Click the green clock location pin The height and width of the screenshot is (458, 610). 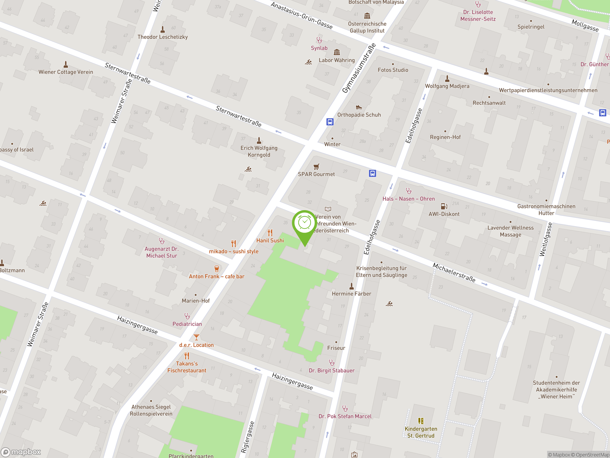tap(305, 224)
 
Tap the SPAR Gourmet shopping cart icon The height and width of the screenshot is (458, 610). tap(316, 167)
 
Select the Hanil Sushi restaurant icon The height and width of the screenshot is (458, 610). tap(270, 233)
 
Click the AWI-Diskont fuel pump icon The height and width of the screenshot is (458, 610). tap(444, 206)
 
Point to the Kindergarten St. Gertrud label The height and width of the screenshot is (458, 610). tap(421, 432)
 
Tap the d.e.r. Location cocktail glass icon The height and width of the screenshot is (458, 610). tap(196, 337)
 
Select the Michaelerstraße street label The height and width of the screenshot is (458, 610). tap(454, 272)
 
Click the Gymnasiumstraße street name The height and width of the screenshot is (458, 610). tap(359, 68)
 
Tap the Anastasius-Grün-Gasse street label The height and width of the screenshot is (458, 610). tap(301, 16)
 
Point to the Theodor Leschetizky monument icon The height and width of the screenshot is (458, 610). tap(163, 29)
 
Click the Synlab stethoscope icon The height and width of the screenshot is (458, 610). tap(319, 40)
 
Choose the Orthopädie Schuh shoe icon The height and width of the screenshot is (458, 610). tap(359, 107)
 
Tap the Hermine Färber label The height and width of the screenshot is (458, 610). tap(351, 294)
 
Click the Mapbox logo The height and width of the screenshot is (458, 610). tap(21, 452)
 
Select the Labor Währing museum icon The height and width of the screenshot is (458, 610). tap(337, 52)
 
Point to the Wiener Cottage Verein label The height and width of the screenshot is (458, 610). tap(66, 72)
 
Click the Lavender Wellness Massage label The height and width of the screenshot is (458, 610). tap(510, 231)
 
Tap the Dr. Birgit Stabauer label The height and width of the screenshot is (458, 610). tap(331, 370)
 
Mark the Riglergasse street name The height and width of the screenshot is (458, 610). tap(248, 437)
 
